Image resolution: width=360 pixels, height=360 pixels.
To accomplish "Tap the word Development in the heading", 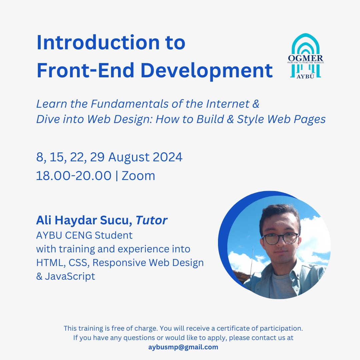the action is coord(207,71).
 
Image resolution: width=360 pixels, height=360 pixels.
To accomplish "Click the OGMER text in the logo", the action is coord(305,58).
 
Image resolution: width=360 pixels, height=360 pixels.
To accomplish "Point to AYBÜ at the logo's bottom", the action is coord(305,76).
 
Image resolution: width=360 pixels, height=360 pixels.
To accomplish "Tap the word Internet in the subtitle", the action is coord(228,104).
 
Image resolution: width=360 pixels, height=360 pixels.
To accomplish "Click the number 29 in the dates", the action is coord(97,157).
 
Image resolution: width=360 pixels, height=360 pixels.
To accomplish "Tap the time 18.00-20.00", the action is coord(74,176).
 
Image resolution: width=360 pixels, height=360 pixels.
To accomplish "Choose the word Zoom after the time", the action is coord(138,176).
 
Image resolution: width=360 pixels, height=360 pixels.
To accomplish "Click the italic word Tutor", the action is coord(151,220).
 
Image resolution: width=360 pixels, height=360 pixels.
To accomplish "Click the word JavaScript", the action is coord(70,276).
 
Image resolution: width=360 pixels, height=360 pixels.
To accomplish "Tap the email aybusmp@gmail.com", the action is coord(183,347).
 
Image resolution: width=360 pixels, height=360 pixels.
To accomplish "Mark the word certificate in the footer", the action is coord(233,328).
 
